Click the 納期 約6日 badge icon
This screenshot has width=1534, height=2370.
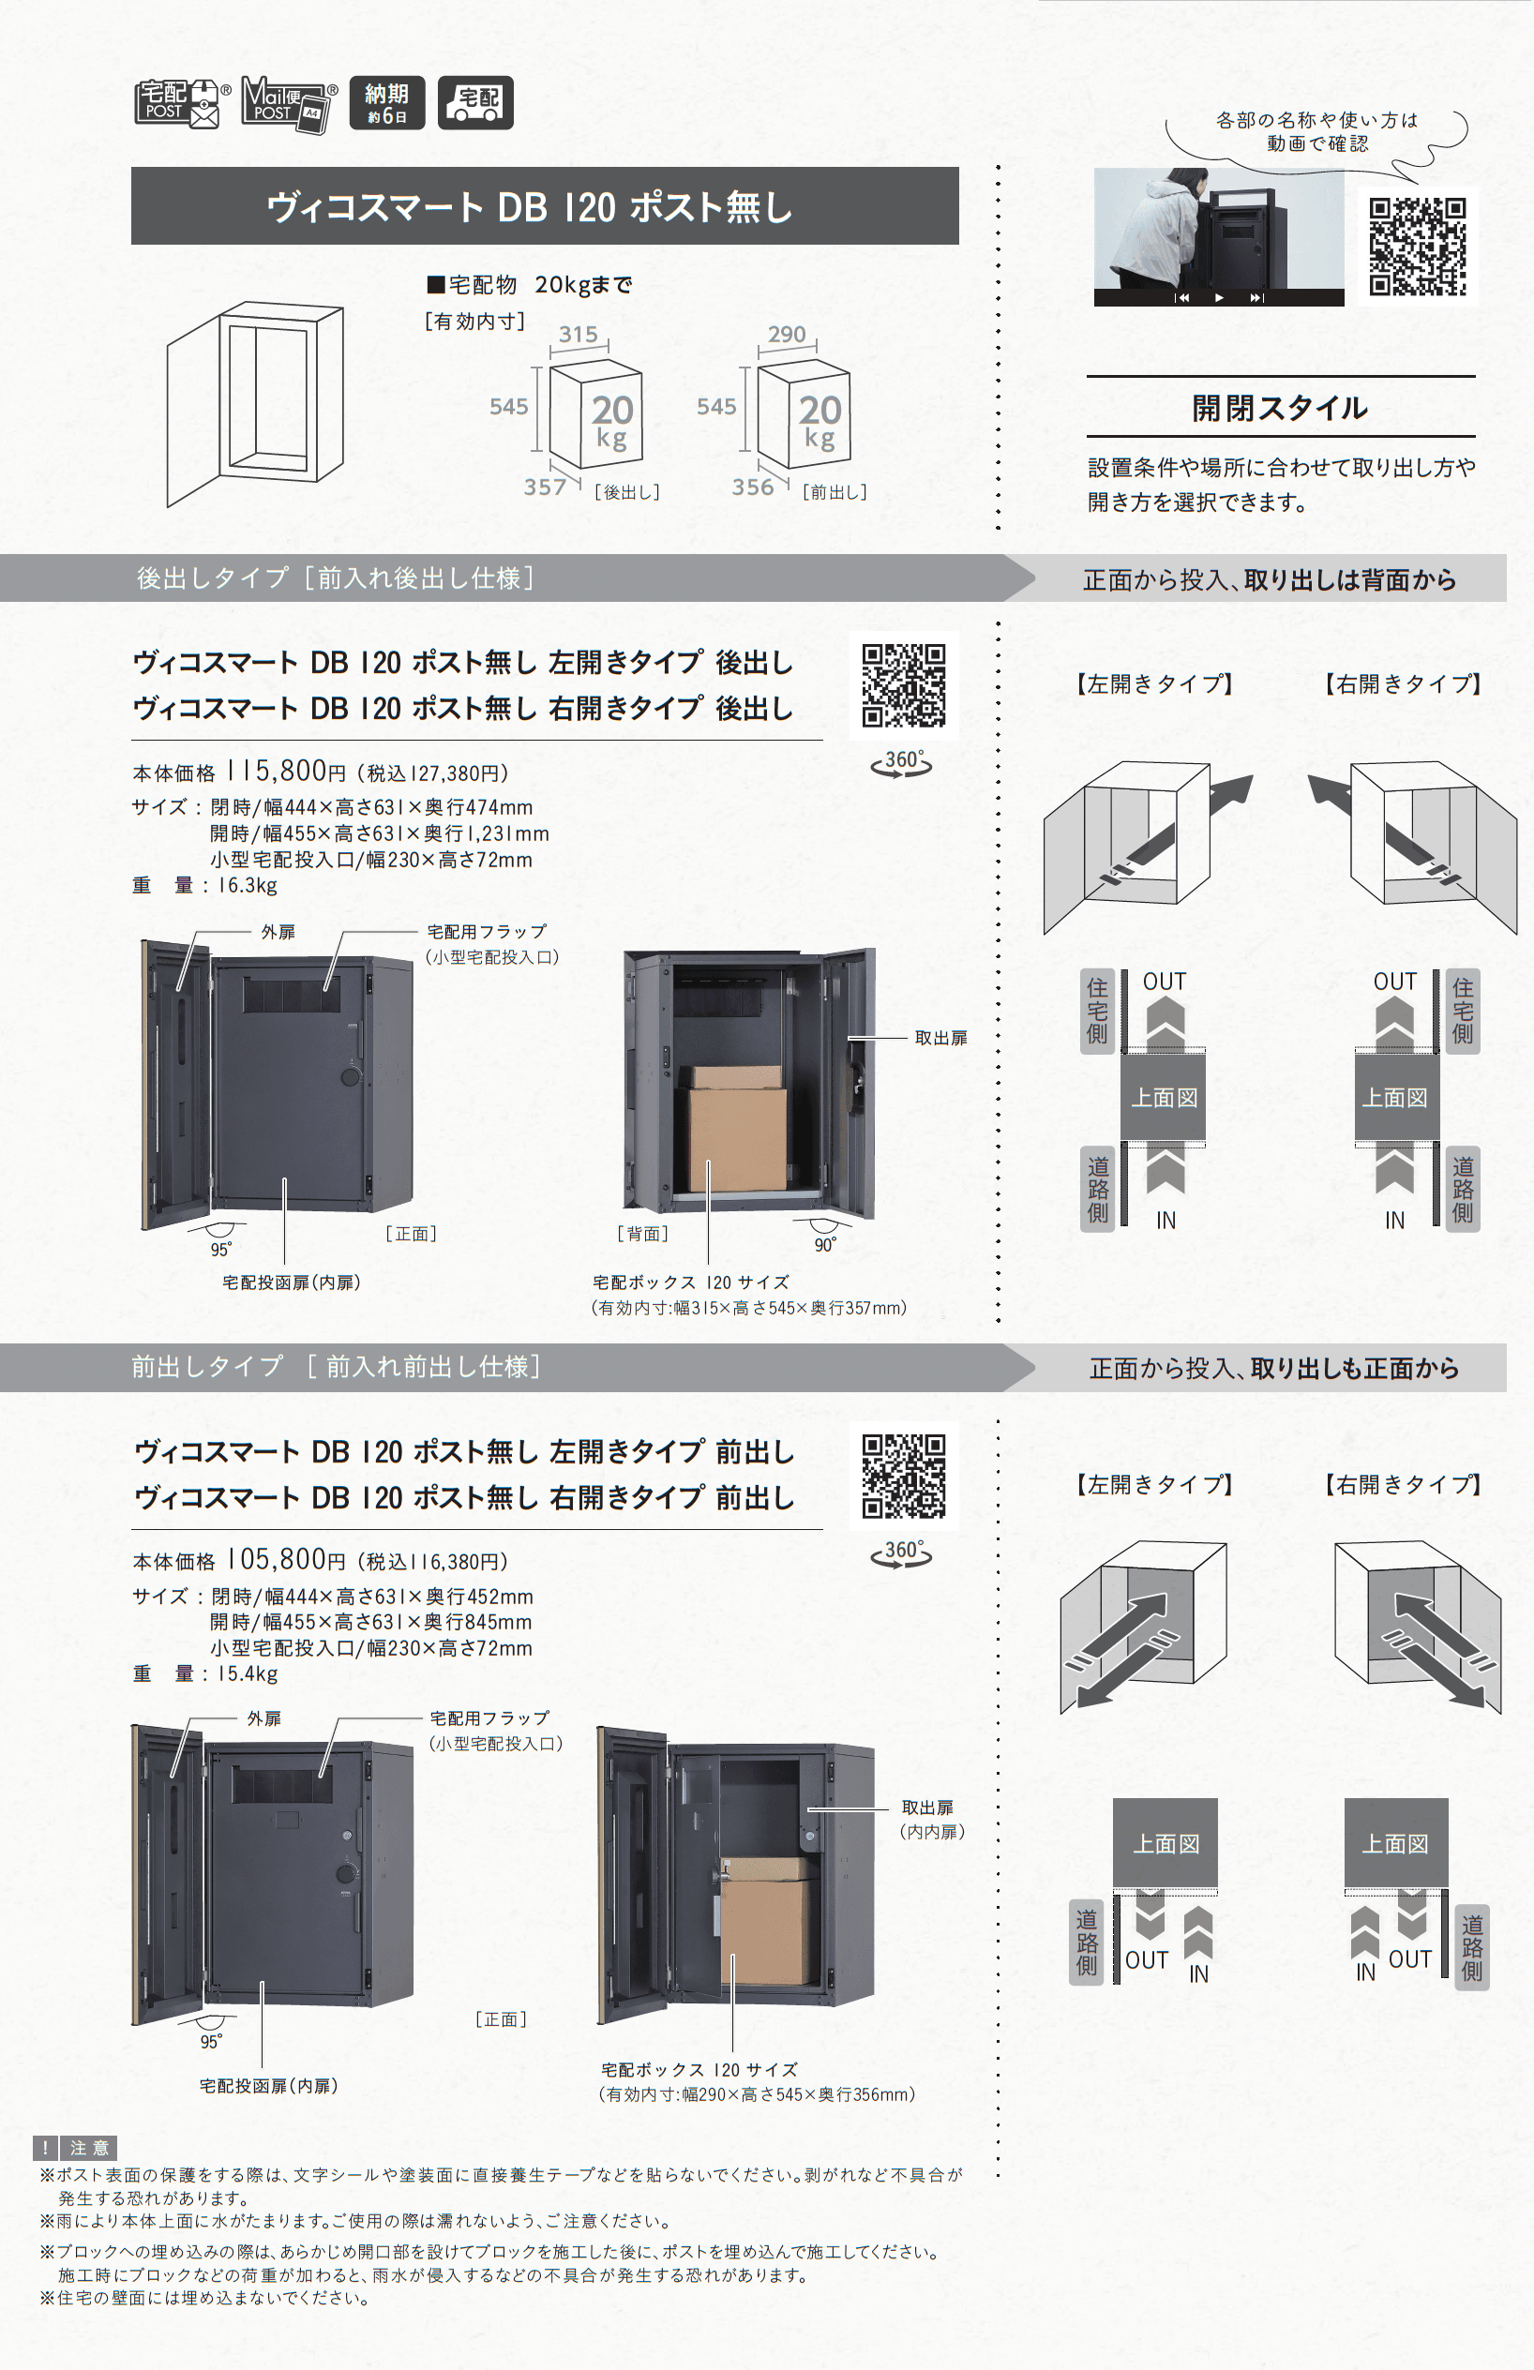coord(386,102)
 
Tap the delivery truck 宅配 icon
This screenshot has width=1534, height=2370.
coord(476,102)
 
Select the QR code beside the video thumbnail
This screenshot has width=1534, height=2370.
coord(1417,246)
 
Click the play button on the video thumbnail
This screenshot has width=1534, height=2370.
coord(1219,298)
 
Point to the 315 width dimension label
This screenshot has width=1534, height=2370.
coord(578,335)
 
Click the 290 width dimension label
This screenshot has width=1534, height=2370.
coord(786,335)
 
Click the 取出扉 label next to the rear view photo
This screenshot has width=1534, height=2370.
coord(940,1038)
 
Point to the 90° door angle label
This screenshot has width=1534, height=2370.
coord(825,1245)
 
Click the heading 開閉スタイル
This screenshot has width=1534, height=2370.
coord(1279,407)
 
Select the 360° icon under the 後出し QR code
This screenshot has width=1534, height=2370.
coord(901,763)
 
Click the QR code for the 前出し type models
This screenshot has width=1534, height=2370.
coord(904,1476)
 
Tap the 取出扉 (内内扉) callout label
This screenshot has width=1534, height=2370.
coord(931,1819)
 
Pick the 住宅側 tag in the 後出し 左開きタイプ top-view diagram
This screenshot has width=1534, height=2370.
coord(1097,1011)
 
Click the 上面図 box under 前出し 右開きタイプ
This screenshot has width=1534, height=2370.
coord(1394,1843)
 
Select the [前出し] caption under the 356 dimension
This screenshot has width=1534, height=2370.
coord(835,492)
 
